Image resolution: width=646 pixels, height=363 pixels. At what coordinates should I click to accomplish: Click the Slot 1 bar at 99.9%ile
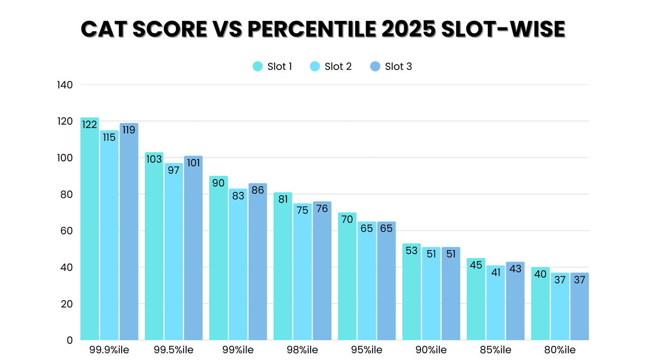click(90, 231)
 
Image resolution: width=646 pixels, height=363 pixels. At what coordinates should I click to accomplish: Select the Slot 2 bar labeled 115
click(109, 237)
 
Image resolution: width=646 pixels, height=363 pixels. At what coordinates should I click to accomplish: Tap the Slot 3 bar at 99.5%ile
click(193, 250)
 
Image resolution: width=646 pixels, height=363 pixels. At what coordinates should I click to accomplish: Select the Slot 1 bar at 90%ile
click(412, 293)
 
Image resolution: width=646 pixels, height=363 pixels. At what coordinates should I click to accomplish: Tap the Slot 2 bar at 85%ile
click(496, 304)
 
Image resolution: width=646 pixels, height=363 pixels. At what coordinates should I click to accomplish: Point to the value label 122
click(90, 125)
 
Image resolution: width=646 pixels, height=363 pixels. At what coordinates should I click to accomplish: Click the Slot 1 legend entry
click(273, 67)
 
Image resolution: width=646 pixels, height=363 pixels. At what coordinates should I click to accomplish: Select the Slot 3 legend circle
click(375, 67)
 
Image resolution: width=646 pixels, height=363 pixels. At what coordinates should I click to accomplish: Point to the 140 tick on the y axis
click(65, 85)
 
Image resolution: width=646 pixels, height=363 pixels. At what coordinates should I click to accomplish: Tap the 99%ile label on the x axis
click(238, 351)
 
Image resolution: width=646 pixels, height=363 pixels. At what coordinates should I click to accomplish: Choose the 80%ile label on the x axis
click(560, 351)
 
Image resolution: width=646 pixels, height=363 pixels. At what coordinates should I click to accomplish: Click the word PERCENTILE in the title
click(291, 30)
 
